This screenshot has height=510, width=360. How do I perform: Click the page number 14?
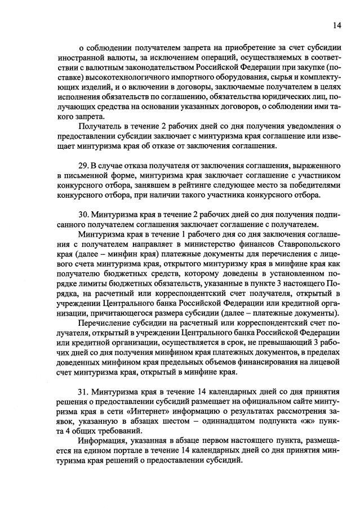point(336,25)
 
